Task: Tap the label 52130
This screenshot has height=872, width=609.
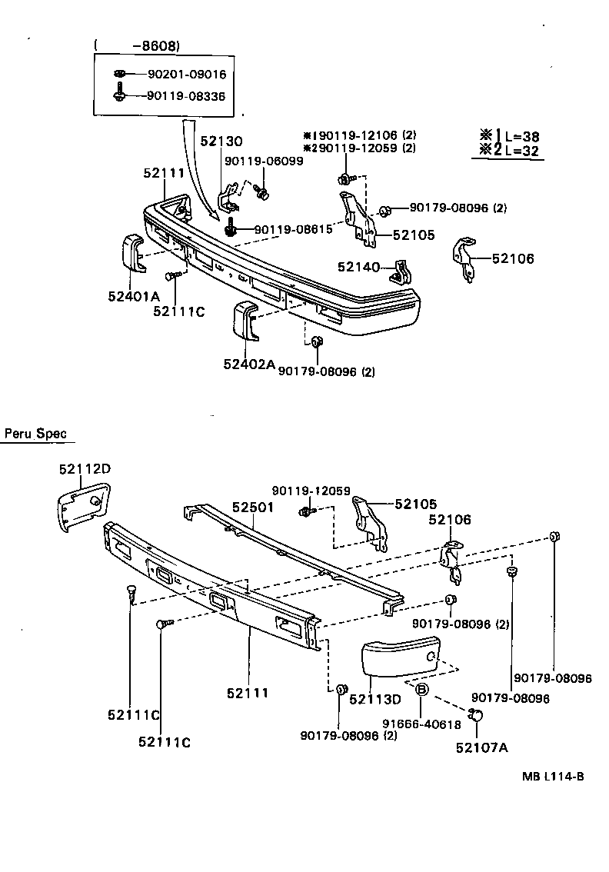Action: pyautogui.click(x=221, y=141)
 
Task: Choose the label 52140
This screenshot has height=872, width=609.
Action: pyautogui.click(x=359, y=266)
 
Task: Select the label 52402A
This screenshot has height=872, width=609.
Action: pyautogui.click(x=249, y=364)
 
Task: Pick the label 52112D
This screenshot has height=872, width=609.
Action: pyautogui.click(x=85, y=468)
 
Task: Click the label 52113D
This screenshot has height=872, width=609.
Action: pyautogui.click(x=375, y=699)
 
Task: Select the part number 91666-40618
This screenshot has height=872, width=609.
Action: pyautogui.click(x=422, y=724)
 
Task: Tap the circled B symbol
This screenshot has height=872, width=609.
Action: pyautogui.click(x=421, y=690)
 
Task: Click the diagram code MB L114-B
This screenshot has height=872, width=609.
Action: pyautogui.click(x=553, y=776)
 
